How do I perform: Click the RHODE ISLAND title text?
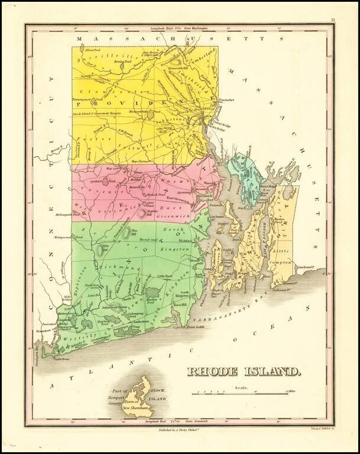pyautogui.click(x=243, y=371)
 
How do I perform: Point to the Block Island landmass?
pyautogui.click(x=141, y=394)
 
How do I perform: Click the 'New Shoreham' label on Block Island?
pyautogui.click(x=134, y=408)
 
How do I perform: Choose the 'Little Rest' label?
pyautogui.click(x=164, y=275)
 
